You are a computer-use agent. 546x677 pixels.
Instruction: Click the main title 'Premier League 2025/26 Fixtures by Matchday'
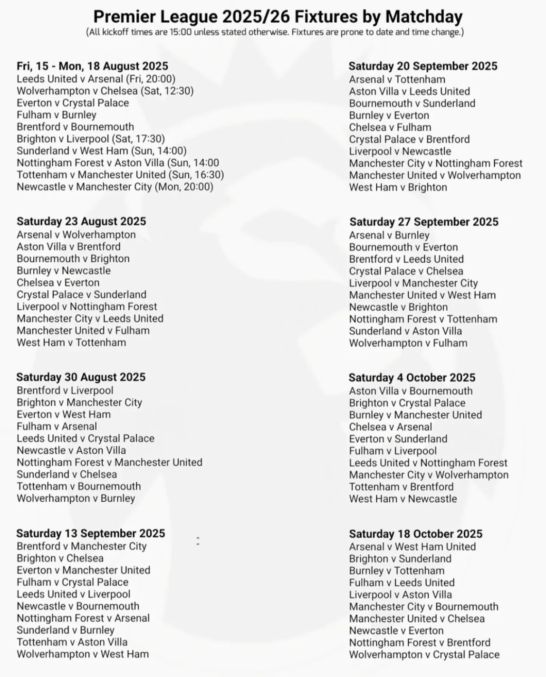point(278,17)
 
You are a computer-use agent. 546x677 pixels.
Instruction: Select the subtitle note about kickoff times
point(275,32)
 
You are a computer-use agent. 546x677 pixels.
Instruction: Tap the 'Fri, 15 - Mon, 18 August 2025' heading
point(92,66)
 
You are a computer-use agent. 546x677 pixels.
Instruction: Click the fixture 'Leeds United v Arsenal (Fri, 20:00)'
point(96,79)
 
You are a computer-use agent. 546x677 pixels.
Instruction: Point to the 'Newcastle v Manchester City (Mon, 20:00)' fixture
point(115,187)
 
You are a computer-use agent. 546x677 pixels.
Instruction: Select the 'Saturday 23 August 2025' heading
point(81,221)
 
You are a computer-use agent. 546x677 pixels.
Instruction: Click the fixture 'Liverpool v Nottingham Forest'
point(87,306)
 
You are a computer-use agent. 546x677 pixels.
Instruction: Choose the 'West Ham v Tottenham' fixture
point(71,343)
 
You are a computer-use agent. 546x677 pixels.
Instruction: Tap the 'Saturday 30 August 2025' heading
point(81,377)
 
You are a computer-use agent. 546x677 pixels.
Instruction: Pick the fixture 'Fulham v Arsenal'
point(57,427)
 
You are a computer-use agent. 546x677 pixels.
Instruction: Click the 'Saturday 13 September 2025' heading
point(91,534)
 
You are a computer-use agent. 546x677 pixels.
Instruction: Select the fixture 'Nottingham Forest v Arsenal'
point(83,618)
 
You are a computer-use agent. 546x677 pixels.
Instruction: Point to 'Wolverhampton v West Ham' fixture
point(83,654)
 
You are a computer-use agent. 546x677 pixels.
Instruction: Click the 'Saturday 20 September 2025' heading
point(423,66)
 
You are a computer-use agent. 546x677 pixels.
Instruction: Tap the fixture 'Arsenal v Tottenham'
point(397,79)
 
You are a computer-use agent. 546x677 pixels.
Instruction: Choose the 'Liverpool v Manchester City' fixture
point(413,283)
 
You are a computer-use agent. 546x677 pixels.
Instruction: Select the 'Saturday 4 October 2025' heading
point(412,378)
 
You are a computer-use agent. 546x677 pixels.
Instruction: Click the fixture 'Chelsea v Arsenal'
point(391,427)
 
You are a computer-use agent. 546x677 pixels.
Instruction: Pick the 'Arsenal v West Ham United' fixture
point(412,547)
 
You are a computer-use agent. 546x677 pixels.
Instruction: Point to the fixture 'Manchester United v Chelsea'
point(417,619)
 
